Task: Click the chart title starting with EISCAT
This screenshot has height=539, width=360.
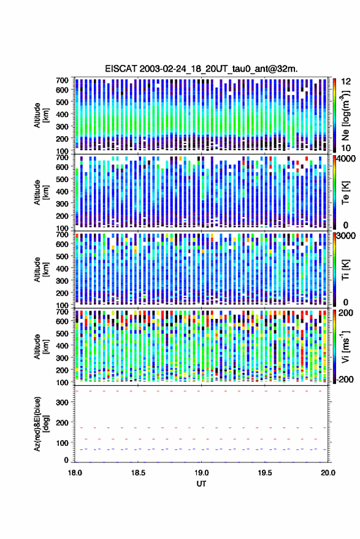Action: [x=201, y=69]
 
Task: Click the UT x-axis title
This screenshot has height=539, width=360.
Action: [x=201, y=484]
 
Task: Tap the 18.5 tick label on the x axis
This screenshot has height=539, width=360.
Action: [x=138, y=473]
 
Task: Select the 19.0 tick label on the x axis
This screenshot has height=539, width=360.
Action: [x=202, y=473]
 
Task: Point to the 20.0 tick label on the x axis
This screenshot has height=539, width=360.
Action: [x=328, y=473]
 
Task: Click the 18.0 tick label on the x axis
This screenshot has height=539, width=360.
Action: [x=75, y=473]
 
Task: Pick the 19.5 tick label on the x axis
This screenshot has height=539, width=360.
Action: [x=265, y=473]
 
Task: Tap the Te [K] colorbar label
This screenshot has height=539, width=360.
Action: [x=345, y=192]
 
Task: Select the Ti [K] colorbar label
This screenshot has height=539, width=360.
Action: [x=345, y=269]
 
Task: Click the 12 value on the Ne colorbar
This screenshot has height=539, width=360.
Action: [x=347, y=82]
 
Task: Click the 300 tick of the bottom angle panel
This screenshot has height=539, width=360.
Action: [x=62, y=402]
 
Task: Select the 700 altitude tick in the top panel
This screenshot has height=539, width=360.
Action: [x=62, y=80]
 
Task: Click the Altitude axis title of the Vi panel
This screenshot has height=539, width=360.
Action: [x=41, y=346]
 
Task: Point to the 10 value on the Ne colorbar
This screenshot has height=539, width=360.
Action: [x=346, y=148]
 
